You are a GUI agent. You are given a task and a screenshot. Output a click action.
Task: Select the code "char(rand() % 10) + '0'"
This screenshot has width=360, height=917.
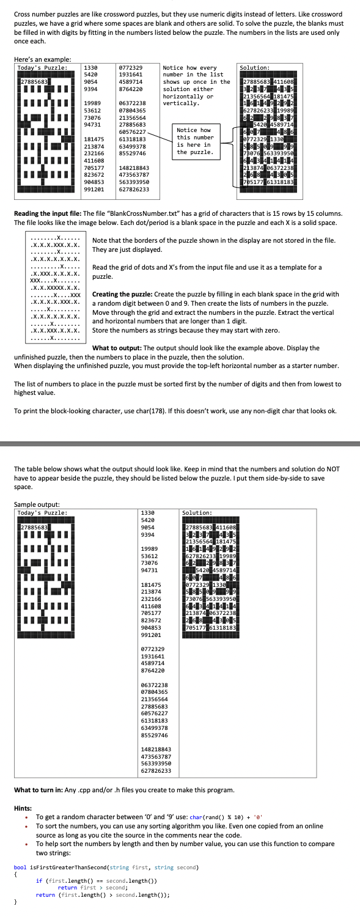point(210,817)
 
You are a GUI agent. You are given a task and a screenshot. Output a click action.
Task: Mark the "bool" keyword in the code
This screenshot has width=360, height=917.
point(20,867)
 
